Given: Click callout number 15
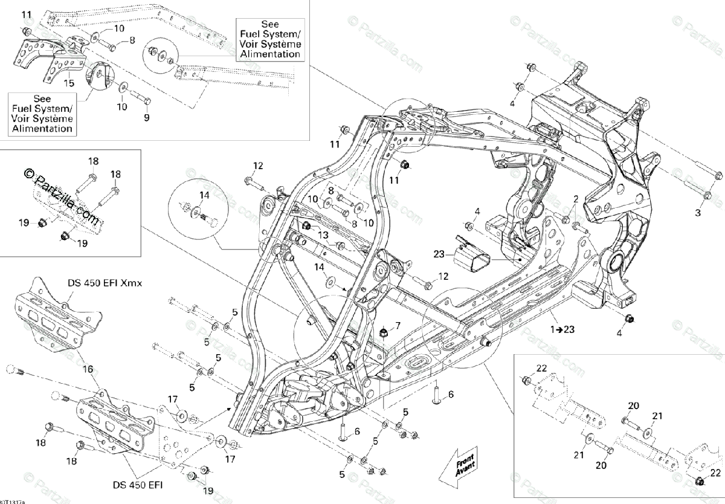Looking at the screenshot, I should (x=69, y=83).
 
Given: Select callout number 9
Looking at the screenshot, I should (x=146, y=118).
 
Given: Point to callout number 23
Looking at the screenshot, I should (x=439, y=254).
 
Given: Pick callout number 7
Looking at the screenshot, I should (x=398, y=326).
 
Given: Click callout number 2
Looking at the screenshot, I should (x=576, y=199).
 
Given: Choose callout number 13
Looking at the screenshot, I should (x=323, y=234).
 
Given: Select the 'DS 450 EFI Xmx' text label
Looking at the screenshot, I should (x=104, y=283).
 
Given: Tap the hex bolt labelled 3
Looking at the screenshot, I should (x=706, y=195).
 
